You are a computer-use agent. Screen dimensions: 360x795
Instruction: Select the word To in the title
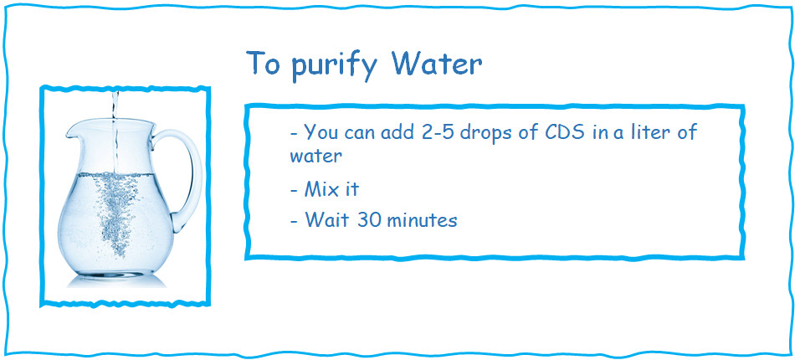pyautogui.click(x=264, y=64)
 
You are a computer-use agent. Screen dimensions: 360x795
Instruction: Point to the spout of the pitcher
pyautogui.click(x=74, y=130)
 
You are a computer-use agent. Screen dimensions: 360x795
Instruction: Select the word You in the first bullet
pyautogui.click(x=320, y=132)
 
